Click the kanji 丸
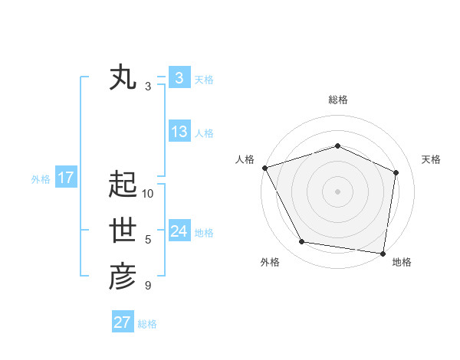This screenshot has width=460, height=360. point(123,79)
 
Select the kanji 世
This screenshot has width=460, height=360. point(123,231)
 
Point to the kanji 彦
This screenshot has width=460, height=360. point(123,277)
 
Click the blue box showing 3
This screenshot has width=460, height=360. point(179,78)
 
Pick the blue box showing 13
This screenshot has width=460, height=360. point(179,132)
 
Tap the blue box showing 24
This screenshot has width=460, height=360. point(179,231)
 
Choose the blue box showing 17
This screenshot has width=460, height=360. point(66,178)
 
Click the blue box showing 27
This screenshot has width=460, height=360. point(123,322)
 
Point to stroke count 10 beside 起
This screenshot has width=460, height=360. point(148,194)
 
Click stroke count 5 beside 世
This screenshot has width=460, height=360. point(148,240)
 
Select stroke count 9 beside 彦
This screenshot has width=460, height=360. point(148,286)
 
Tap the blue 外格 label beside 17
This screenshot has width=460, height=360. point(41,179)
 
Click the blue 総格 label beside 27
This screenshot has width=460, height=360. point(147,323)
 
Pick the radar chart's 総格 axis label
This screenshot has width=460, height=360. point(337,100)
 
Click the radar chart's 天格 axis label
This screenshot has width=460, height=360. point(431,159)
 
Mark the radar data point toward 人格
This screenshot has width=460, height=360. point(264,168)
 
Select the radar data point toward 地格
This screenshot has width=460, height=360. point(383,253)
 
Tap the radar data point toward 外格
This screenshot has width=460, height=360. point(302,242)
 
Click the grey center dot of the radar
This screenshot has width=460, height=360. point(337,191)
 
